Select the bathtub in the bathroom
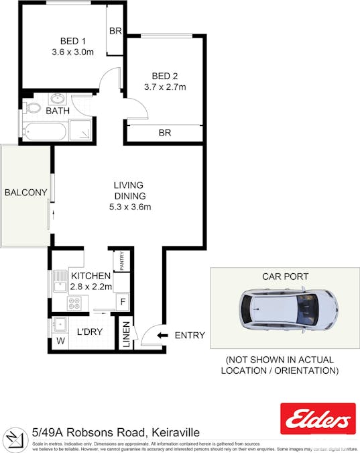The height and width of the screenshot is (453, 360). (45, 132)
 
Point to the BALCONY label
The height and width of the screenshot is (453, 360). (25, 193)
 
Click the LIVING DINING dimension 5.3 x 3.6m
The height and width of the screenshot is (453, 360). (129, 207)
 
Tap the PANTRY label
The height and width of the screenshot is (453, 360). (123, 261)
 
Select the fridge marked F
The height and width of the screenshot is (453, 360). (123, 301)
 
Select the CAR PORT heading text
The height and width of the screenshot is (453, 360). (285, 276)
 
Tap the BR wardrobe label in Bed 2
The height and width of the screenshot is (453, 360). (164, 133)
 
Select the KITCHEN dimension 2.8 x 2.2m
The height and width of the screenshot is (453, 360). (91, 287)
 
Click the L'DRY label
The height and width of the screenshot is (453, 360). (89, 332)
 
